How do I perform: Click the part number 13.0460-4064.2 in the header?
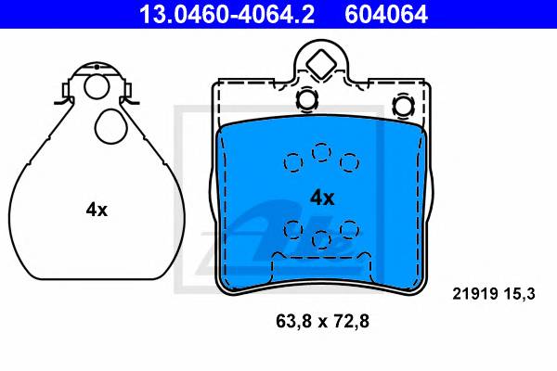coord(227,14)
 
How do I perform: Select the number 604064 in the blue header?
coord(386,14)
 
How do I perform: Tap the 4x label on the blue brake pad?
coord(322,198)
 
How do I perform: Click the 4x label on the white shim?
coord(97,210)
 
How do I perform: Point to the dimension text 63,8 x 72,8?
coord(322,321)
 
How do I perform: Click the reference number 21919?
coord(474,294)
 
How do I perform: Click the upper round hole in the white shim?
coord(97,86)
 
